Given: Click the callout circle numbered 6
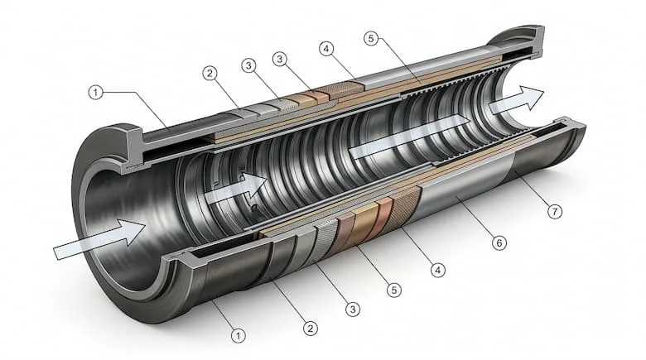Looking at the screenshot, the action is [499, 242].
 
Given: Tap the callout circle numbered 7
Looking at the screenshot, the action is [555, 212].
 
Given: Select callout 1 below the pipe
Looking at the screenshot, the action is [238, 335].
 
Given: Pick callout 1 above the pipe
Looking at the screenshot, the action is [96, 92].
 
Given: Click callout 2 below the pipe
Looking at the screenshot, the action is [311, 329].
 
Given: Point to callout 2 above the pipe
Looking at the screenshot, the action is [210, 74].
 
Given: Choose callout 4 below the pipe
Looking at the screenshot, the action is [437, 270].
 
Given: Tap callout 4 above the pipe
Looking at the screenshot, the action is [325, 49].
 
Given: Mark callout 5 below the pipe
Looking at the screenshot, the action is [394, 290].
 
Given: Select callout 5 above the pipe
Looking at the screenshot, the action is [371, 39].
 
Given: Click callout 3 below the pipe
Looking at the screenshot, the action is [353, 309].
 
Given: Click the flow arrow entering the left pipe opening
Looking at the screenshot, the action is [99, 239].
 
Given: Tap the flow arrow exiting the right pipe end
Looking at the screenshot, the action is [517, 100].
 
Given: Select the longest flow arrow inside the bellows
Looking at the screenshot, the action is [409, 137].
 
